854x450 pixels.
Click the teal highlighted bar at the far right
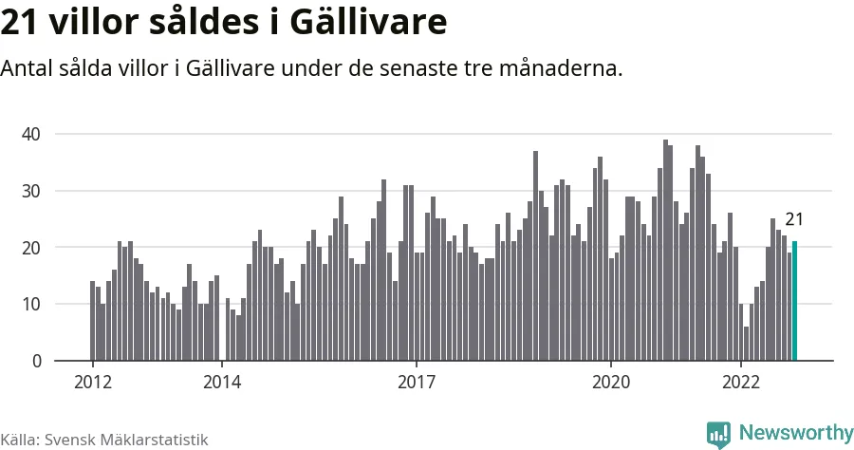795,301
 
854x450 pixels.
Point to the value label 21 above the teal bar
794,220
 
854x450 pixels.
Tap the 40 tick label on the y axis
31,134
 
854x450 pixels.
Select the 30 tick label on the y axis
31,191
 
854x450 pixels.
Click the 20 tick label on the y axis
31,248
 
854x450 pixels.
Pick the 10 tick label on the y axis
31,305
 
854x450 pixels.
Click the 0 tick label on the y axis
36,361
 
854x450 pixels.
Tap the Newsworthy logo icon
718,434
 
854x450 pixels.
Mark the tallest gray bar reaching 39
665,251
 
